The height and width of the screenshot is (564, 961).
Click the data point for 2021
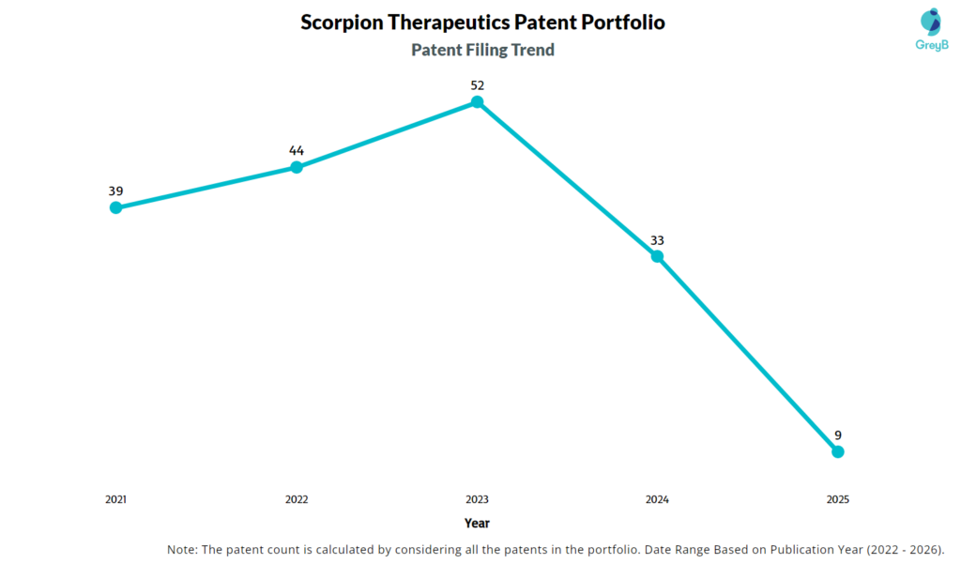pyautogui.click(x=115, y=207)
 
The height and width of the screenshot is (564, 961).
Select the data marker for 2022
pyautogui.click(x=297, y=167)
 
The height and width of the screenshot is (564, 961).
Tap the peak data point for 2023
pyautogui.click(x=477, y=101)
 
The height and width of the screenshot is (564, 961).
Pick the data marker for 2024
pyautogui.click(x=657, y=256)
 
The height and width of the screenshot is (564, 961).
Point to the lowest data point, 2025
pyautogui.click(x=838, y=451)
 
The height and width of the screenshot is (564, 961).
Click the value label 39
pyautogui.click(x=115, y=191)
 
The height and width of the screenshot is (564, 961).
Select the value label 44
pyautogui.click(x=297, y=150)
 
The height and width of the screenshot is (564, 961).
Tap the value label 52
pyautogui.click(x=477, y=85)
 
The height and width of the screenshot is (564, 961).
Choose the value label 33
pyautogui.click(x=657, y=240)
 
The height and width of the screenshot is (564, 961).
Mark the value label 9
pyautogui.click(x=838, y=435)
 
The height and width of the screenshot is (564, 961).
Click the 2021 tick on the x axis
pyautogui.click(x=115, y=500)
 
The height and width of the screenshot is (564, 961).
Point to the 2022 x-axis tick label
pyautogui.click(x=297, y=500)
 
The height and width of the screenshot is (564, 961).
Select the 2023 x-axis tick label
pyautogui.click(x=477, y=500)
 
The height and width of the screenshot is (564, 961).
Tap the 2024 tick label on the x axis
pyautogui.click(x=657, y=500)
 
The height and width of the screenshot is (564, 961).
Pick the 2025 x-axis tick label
pyautogui.click(x=838, y=500)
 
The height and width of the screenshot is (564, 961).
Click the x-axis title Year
pyautogui.click(x=477, y=524)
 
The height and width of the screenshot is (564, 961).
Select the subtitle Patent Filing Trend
pyautogui.click(x=482, y=50)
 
